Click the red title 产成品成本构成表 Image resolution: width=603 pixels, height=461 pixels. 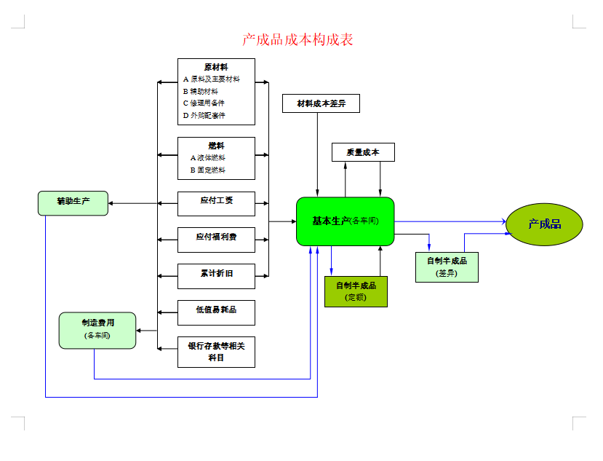pos(297,39)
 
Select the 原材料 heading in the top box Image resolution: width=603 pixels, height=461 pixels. pos(216,67)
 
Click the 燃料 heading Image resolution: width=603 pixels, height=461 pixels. pos(216,146)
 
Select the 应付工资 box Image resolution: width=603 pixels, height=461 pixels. pos(216,203)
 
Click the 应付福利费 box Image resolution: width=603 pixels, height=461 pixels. pos(216,240)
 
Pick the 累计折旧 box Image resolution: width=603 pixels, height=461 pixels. pos(216,276)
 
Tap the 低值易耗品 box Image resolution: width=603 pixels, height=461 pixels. pos(216,312)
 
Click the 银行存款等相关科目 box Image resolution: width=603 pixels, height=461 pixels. pos(216,352)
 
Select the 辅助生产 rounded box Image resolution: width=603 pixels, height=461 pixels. pos(73,203)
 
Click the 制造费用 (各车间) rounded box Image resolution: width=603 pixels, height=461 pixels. pos(97,330)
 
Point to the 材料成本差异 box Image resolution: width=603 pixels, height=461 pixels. pos(321,103)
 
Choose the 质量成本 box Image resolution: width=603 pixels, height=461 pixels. pos(363,152)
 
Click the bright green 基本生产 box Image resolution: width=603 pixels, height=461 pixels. pos(345,221)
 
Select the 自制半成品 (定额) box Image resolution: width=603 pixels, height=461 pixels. pos(356,291)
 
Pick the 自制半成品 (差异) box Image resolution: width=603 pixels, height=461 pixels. pos(447,267)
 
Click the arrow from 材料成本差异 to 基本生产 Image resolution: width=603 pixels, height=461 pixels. pos(317,153)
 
